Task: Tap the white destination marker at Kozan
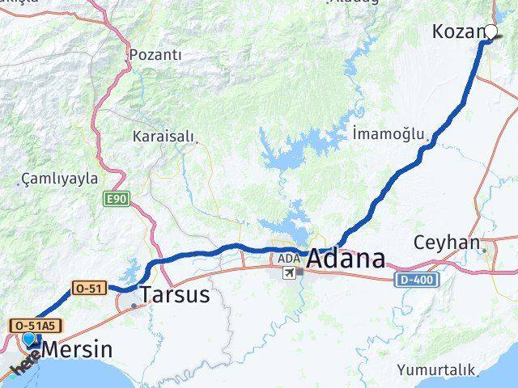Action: click(490, 32)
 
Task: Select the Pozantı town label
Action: click(155, 55)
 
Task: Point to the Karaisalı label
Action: click(165, 137)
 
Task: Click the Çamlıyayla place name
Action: click(60, 179)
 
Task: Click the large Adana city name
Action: click(346, 259)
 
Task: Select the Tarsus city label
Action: click(175, 295)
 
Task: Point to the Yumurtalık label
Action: click(435, 370)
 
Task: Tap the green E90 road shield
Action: click(117, 196)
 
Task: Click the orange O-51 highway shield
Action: click(89, 288)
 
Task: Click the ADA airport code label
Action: click(287, 259)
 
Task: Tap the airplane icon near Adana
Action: click(288, 272)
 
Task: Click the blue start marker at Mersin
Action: click(29, 340)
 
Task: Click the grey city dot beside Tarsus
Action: click(134, 306)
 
